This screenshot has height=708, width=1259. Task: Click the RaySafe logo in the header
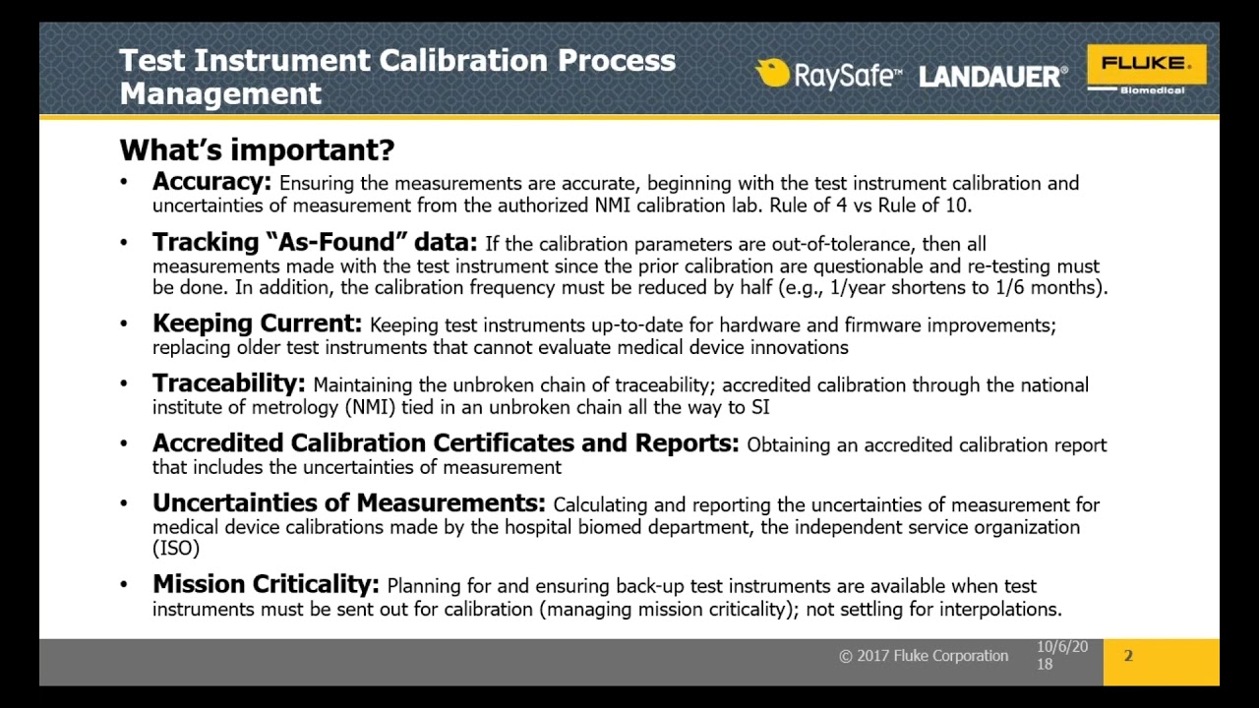tap(827, 75)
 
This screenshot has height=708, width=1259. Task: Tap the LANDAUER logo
tap(992, 77)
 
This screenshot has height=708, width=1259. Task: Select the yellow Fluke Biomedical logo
tap(1146, 70)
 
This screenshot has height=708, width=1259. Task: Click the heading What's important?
tap(257, 149)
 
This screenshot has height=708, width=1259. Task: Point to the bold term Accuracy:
tap(211, 182)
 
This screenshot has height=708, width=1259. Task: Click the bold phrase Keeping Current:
tap(257, 324)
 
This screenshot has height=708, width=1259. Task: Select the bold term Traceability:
tap(228, 383)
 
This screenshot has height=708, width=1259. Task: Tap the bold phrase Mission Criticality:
tap(266, 584)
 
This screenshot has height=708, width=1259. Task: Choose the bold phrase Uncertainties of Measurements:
tap(348, 503)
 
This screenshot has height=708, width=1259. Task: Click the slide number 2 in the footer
tap(1128, 656)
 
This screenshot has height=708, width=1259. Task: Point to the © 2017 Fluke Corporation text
tap(924, 656)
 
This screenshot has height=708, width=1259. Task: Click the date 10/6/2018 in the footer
tap(1061, 655)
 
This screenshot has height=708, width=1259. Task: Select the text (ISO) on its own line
tap(176, 549)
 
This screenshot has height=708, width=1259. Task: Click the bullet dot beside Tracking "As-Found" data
tap(124, 243)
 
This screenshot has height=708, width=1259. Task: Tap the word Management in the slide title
tap(220, 93)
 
